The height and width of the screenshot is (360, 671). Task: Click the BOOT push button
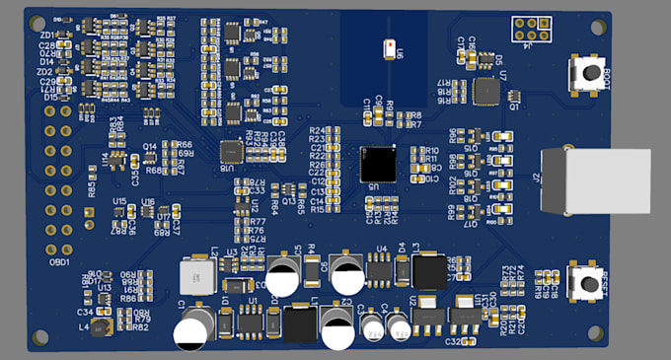pyautogui.click(x=590, y=71)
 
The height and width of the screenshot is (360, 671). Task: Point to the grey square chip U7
pyautogui.click(x=485, y=92)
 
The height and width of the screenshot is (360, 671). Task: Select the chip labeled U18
pyautogui.click(x=230, y=151)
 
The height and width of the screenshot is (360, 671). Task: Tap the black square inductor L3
pyautogui.click(x=429, y=270)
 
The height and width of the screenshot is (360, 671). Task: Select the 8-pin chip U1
pyautogui.click(x=253, y=321)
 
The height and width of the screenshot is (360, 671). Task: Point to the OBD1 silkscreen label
pyautogui.click(x=58, y=262)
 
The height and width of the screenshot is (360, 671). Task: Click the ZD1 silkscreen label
pyautogui.click(x=46, y=36)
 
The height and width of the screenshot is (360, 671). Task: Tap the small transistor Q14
pyautogui.click(x=150, y=157)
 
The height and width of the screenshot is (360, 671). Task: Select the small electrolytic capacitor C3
pyautogui.click(x=372, y=326)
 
